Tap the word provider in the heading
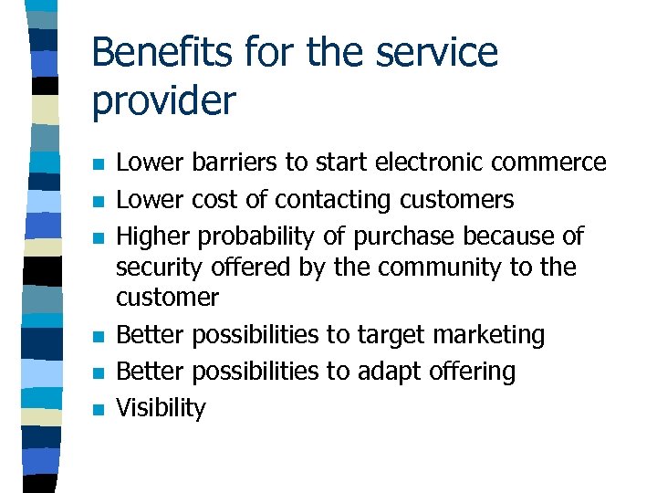(x=163, y=100)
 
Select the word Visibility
(x=162, y=408)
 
